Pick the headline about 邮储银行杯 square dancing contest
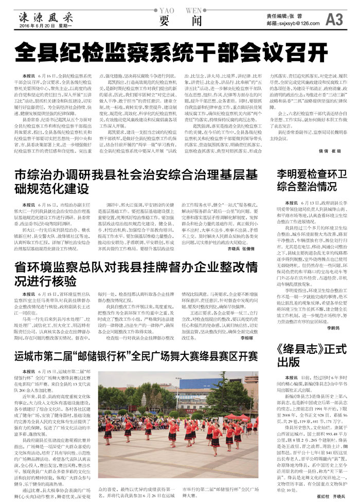point(136,341)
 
